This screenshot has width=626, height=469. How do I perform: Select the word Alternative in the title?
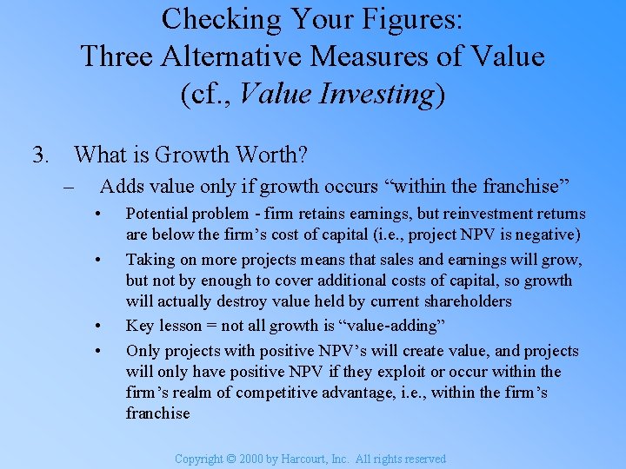[233, 56]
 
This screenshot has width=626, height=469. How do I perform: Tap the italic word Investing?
[378, 94]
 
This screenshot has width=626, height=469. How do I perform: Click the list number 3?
[39, 155]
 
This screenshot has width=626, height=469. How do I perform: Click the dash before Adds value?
[69, 186]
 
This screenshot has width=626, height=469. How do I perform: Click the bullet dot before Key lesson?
[102, 327]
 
